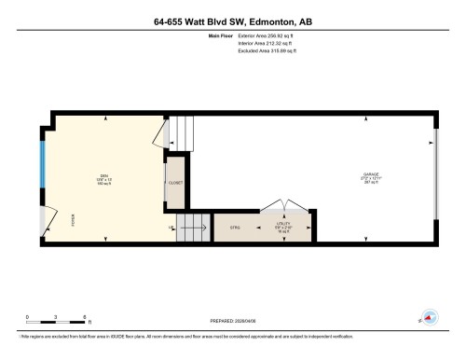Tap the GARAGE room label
[370, 174]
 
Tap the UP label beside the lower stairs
[171, 228]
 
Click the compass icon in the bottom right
[430, 317]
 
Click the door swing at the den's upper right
[160, 134]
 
